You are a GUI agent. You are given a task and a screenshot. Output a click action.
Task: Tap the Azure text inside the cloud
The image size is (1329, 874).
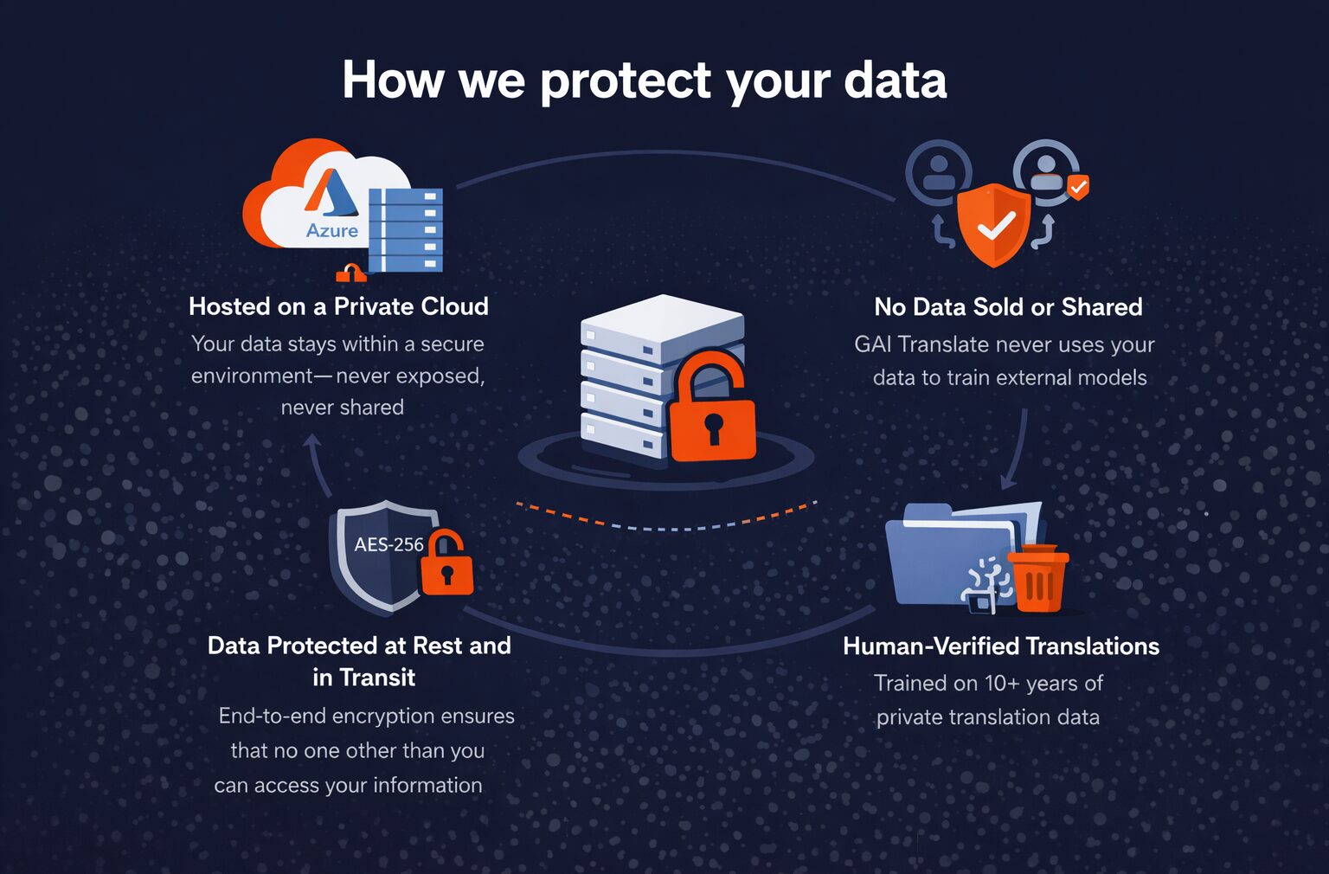332,230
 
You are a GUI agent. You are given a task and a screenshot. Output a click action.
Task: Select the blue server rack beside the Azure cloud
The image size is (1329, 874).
405,229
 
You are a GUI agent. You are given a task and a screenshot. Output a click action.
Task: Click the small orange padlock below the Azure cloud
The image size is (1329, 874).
350,273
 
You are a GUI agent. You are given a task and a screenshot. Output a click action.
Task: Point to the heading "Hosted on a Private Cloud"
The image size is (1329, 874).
338,306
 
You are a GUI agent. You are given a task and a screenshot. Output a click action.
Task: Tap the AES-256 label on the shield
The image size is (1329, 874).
388,544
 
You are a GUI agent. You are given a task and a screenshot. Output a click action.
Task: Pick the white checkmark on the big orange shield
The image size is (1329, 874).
996,227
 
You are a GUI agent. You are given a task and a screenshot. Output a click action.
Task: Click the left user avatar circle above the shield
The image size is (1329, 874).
938,171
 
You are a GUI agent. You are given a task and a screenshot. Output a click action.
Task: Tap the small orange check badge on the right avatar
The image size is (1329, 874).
1078,186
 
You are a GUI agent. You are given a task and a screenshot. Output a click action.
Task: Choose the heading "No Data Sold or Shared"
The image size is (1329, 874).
1008,307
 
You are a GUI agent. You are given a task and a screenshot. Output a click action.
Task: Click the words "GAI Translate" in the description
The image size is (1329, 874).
921,344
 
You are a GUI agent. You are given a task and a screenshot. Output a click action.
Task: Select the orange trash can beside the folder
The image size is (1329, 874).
1038,579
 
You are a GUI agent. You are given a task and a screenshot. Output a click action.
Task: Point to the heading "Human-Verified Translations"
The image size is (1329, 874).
1001,646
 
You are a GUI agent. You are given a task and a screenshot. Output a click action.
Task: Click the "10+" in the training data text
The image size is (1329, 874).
1002,684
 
